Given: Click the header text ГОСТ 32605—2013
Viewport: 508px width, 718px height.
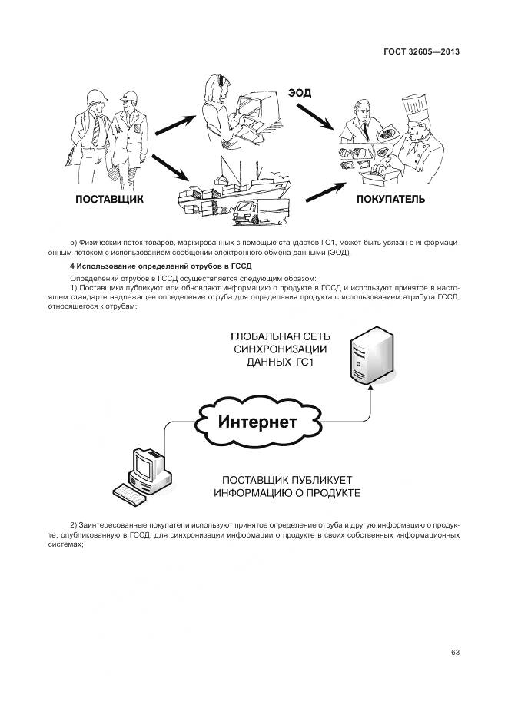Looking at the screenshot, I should point(420,52).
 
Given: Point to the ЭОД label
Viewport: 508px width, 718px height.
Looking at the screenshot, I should point(300,93).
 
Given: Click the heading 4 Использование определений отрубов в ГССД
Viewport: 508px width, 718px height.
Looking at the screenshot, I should point(144,266).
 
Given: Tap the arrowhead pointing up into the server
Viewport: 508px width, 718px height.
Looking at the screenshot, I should point(370,389).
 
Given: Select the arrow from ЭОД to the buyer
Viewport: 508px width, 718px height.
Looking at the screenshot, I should point(314,120).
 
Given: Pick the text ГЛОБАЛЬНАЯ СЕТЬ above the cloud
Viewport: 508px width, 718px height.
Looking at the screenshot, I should point(281,336).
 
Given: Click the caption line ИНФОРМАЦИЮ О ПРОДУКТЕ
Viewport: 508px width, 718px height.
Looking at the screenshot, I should point(287,492).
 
